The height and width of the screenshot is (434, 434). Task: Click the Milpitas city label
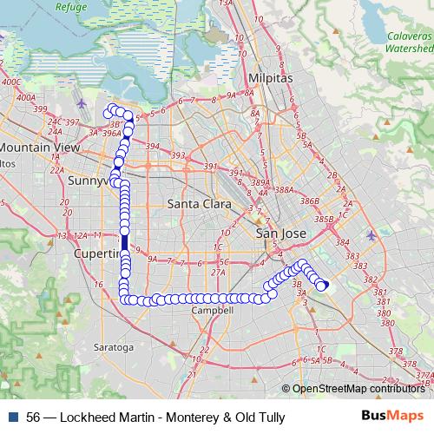point(270,77)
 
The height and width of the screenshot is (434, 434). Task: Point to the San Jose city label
point(280,234)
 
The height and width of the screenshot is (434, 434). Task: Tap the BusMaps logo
point(393,416)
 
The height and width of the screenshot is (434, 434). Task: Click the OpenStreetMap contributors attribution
point(358,389)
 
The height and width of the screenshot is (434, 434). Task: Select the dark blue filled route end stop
point(325,286)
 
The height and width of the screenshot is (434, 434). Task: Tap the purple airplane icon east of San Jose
point(372,235)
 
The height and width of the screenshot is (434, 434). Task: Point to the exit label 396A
point(110,134)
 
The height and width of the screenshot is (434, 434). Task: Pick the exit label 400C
point(11,82)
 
